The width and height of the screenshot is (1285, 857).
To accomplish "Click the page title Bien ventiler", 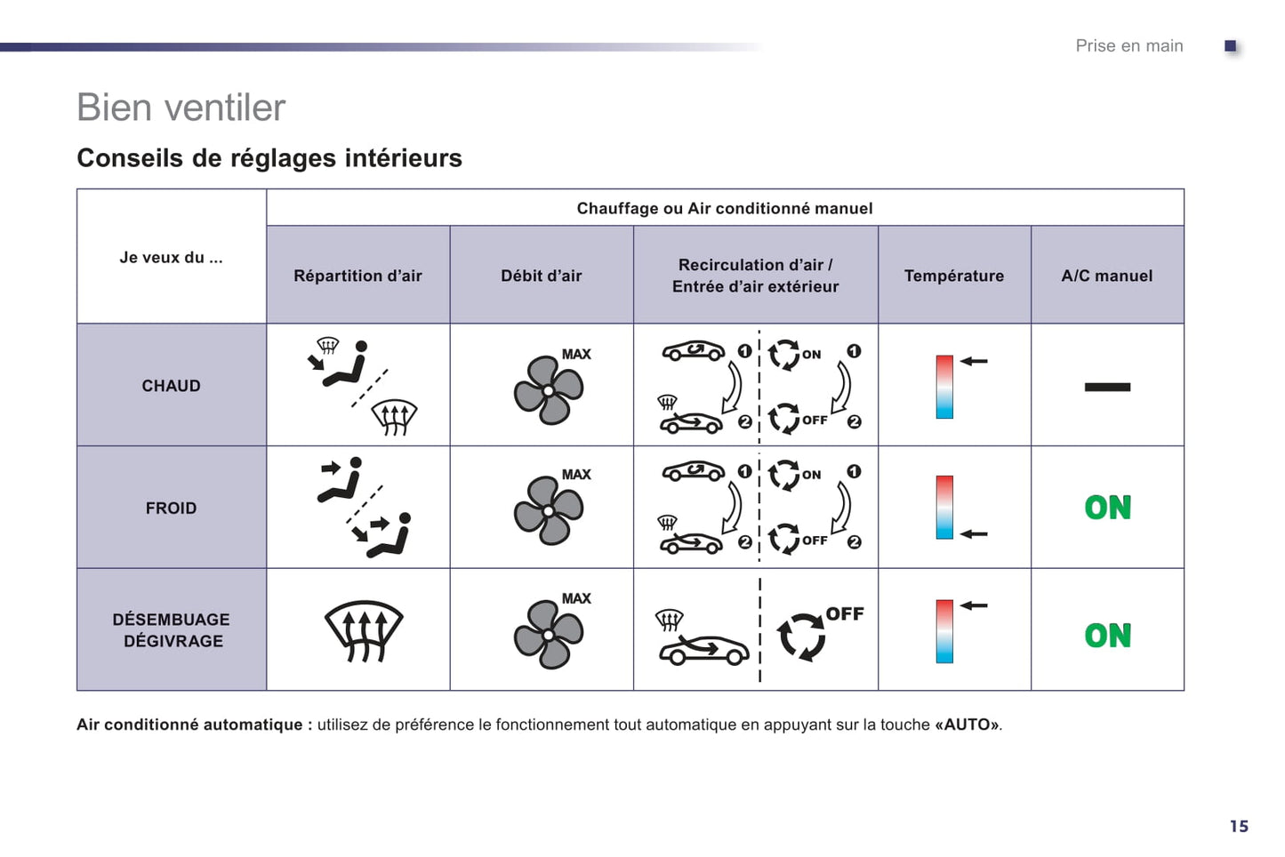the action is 181,108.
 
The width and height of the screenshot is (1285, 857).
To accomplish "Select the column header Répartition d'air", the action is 358,276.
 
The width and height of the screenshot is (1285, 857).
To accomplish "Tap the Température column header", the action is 954,276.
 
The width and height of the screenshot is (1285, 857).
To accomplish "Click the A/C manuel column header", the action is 1106,276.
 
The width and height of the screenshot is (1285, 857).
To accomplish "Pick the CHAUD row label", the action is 171,386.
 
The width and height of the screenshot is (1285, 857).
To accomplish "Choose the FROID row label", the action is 171,509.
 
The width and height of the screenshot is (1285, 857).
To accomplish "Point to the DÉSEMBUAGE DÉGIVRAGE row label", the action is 171,629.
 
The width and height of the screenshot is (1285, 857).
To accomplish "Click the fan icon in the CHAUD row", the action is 549,390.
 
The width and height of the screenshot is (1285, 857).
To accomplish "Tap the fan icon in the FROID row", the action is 549,510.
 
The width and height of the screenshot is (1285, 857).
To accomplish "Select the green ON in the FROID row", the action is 1108,508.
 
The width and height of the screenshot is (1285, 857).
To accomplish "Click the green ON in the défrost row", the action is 1108,636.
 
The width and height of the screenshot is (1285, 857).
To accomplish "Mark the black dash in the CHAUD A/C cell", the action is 1107,388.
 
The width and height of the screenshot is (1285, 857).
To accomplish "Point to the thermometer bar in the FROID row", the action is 944,507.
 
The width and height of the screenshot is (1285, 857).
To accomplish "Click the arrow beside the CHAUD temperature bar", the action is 974,361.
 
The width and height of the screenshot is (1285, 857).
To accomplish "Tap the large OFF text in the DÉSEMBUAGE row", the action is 845,613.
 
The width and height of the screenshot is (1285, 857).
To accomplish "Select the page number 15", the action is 1239,826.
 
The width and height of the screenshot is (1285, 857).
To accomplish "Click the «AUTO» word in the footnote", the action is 968,725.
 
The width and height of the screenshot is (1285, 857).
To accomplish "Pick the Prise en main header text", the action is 1129,46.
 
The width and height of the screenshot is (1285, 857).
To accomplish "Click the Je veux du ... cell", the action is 171,258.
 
